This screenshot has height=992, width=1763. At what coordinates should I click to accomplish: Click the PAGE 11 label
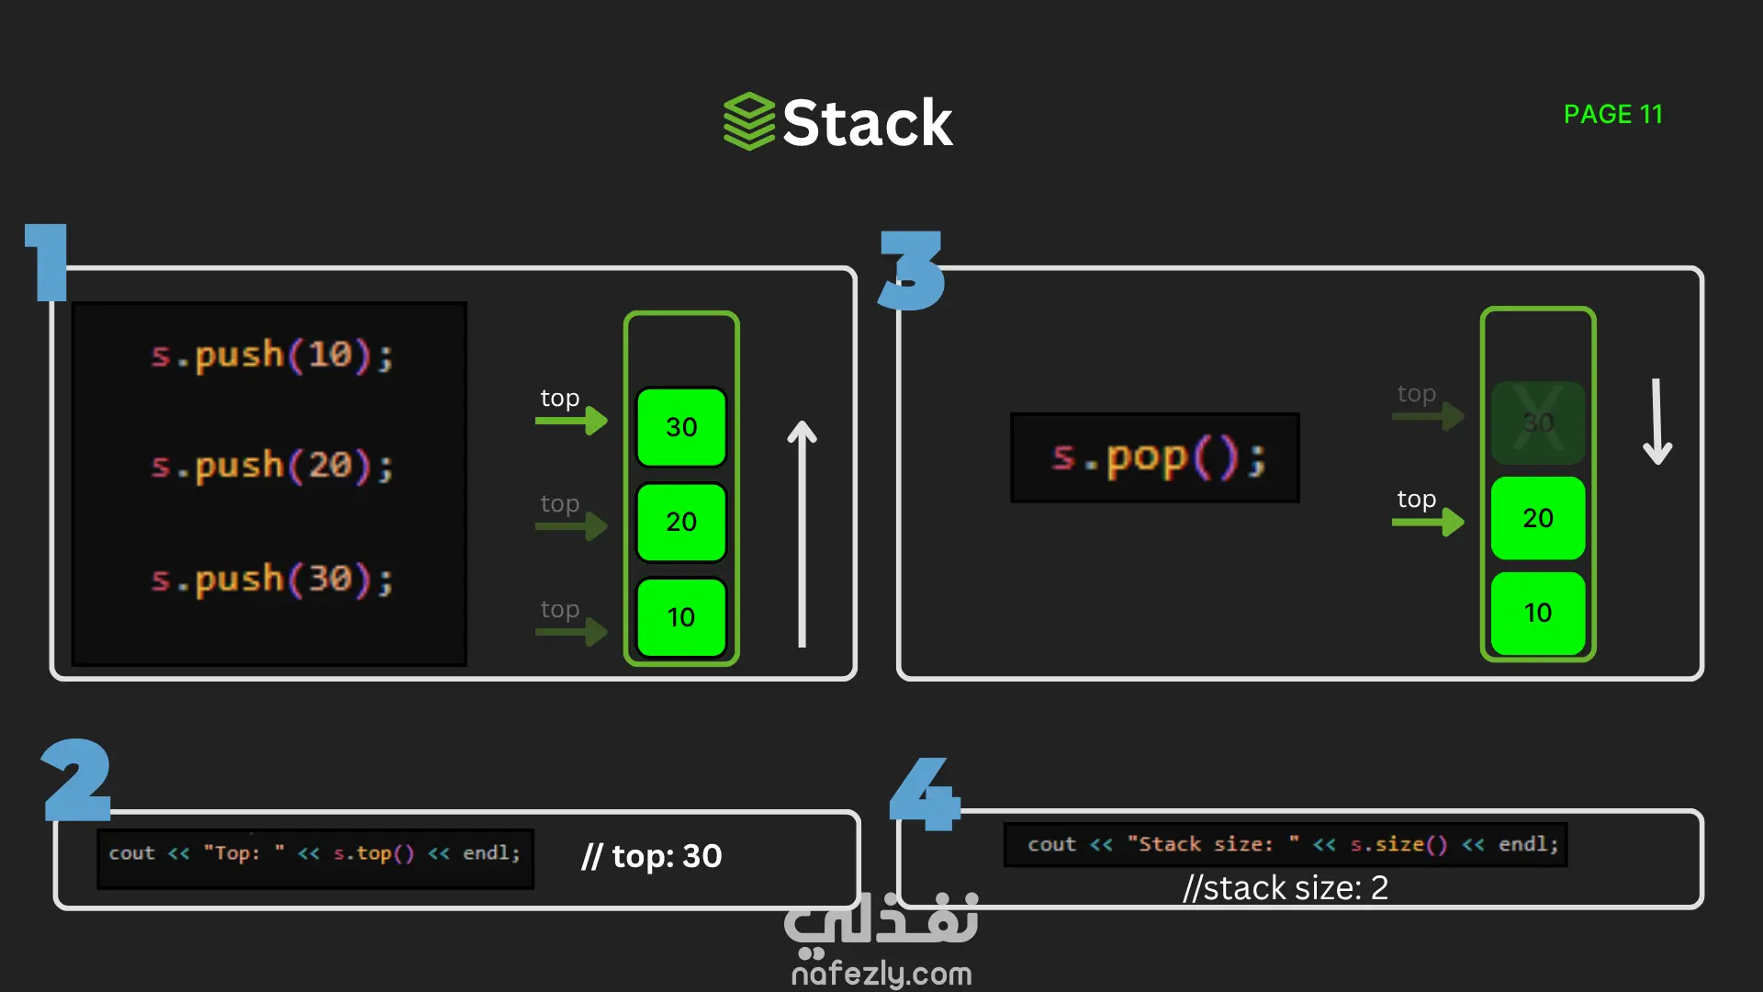[x=1612, y=115]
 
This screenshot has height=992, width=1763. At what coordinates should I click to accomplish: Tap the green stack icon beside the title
[x=749, y=121]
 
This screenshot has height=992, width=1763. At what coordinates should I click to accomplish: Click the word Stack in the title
[x=868, y=123]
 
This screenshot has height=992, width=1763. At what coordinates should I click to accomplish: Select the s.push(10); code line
[x=272, y=355]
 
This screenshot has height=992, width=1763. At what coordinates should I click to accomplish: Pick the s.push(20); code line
[x=272, y=467]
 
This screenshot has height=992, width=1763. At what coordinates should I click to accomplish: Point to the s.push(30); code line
[x=272, y=580]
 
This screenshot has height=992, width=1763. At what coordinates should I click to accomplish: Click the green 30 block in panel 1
[x=681, y=427]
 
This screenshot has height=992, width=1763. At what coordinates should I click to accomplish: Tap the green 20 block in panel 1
[x=681, y=522]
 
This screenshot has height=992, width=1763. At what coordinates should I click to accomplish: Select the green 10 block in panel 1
[x=681, y=617]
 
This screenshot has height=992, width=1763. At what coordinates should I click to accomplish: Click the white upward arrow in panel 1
[x=802, y=533]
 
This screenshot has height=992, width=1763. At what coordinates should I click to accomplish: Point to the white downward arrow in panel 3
[x=1656, y=423]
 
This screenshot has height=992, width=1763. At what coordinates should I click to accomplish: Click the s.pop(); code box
[x=1155, y=457]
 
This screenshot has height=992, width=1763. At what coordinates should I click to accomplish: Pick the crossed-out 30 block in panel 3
[x=1538, y=423]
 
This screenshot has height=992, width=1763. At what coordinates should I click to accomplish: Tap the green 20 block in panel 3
[x=1538, y=518]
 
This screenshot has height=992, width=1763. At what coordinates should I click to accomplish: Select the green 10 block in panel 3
[x=1538, y=613]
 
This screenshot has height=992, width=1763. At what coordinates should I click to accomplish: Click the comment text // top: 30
[x=652, y=856]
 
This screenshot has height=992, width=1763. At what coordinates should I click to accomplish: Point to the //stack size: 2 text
[x=1286, y=888]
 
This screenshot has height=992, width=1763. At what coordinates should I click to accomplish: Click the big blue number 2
[x=77, y=780]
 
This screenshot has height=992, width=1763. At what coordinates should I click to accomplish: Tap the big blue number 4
[x=924, y=794]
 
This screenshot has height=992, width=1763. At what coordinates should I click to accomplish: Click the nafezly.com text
[x=881, y=974]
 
